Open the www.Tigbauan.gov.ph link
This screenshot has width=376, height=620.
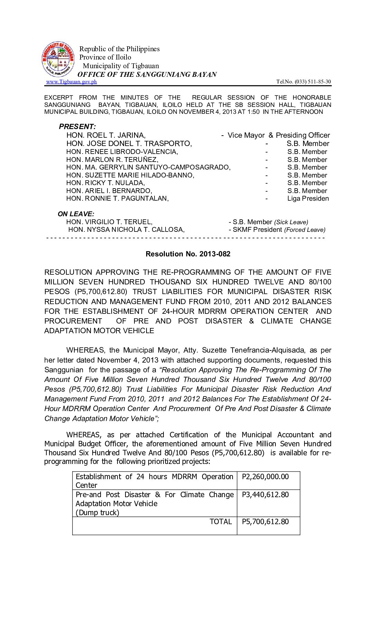coord(72,82)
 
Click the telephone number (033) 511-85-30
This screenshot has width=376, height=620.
coord(303,82)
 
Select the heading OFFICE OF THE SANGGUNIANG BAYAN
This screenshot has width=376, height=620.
coord(147,74)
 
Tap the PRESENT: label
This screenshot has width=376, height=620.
coord(77,127)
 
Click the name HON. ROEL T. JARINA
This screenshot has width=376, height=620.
coord(106,135)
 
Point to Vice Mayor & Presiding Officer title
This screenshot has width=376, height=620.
coord(279,135)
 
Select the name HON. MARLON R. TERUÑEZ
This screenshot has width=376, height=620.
coord(112,160)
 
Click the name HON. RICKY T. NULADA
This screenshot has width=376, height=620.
coord(105,183)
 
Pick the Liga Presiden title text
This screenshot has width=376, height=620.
coord(308,199)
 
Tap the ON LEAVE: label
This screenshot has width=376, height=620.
coord(76,214)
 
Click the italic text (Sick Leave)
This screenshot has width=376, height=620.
coord(291,222)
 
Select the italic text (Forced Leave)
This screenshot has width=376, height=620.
coord(304,230)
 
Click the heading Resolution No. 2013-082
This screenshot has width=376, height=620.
coord(188,254)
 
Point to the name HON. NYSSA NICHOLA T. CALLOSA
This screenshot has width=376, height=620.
coord(126,230)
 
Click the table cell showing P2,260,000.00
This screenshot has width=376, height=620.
coord(265,477)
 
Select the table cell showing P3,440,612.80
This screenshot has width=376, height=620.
coord(265,495)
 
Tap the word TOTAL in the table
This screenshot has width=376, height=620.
coord(220,522)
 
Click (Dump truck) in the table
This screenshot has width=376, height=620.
coord(97,513)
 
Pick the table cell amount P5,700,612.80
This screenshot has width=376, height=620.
coord(265,522)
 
